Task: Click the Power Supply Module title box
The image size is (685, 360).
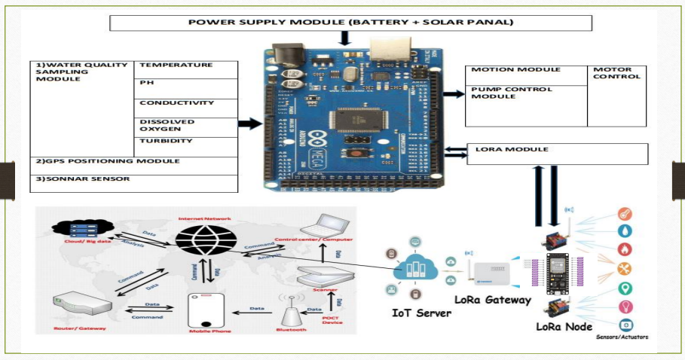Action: point(350,23)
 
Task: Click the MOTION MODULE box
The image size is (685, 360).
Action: point(525,71)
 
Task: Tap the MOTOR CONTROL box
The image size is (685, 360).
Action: point(616,74)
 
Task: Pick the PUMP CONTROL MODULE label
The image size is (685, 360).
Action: point(525,93)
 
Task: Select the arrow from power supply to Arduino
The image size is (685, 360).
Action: point(345,38)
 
